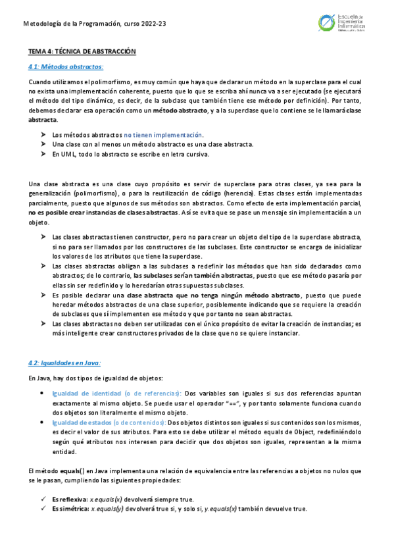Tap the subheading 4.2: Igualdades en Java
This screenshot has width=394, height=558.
(x=64, y=363)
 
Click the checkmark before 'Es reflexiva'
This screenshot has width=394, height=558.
(x=43, y=499)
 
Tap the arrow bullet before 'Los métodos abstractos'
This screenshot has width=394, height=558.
(x=43, y=135)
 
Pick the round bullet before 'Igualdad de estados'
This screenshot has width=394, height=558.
(x=43, y=422)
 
